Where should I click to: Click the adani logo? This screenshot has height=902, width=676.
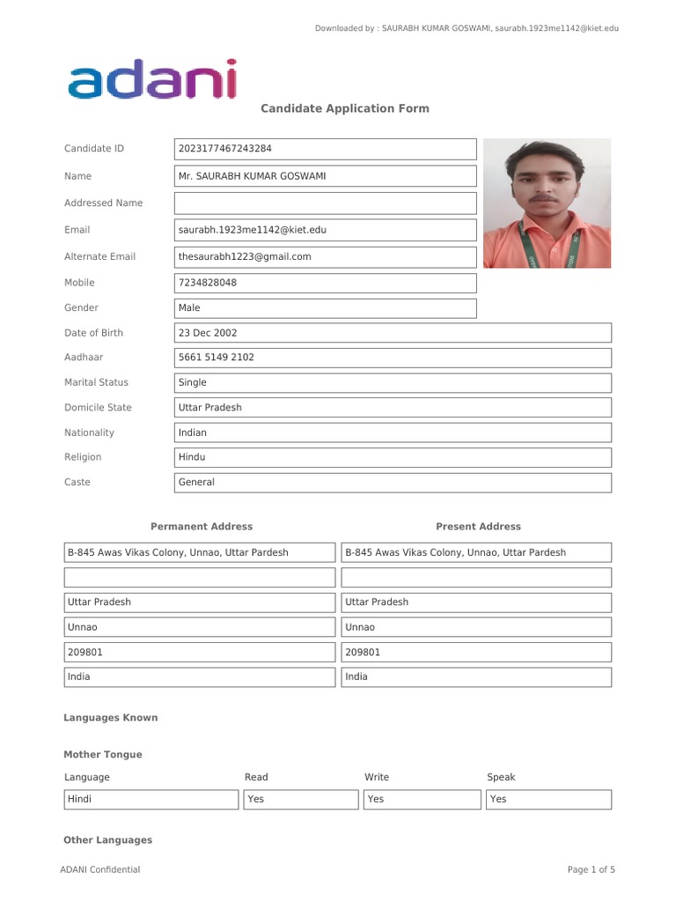[x=152, y=79]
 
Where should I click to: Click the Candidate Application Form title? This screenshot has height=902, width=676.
[x=344, y=108]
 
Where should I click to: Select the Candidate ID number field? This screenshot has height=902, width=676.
[x=326, y=149]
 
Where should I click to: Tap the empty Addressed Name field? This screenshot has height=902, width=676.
[x=326, y=203]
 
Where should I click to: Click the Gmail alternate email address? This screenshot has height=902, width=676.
[x=326, y=257]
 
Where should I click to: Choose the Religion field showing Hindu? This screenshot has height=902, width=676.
[x=393, y=457]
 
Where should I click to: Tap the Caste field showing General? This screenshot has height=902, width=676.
[x=393, y=483]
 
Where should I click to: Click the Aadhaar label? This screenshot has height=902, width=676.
[x=84, y=358]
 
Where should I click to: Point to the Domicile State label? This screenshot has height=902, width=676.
[x=98, y=408]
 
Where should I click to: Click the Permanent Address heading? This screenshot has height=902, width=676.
[x=202, y=527]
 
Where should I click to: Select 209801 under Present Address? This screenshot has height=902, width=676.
[x=475, y=653]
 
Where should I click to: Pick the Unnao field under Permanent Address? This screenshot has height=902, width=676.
[x=199, y=627]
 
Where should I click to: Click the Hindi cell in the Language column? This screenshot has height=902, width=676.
[x=151, y=800]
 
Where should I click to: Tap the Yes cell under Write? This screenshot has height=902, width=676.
[x=421, y=800]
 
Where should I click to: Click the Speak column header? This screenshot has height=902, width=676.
[x=501, y=777]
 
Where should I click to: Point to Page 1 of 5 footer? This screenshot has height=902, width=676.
[x=591, y=869]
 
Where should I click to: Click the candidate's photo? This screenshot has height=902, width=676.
[x=547, y=203]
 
